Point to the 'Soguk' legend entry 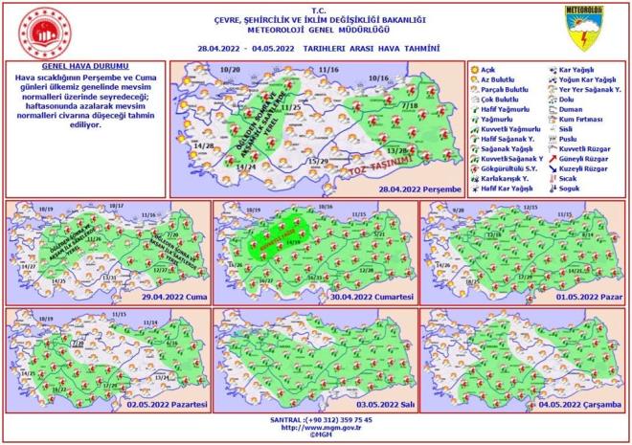pos(573,187)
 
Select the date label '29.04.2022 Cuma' pos(173,300)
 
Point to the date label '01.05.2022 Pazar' pos(587,300)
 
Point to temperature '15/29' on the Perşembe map pos(318,160)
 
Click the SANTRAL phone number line pos(316,419)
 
